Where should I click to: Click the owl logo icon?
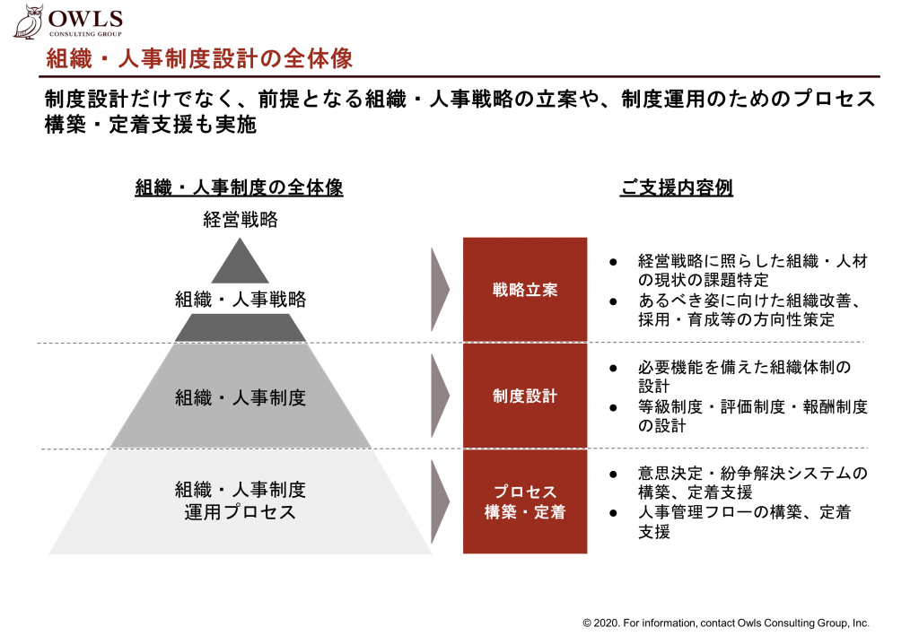tap(29, 22)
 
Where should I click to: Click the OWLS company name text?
tap(85, 19)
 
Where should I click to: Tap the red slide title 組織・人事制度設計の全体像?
tap(199, 58)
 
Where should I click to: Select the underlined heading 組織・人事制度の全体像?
tap(239, 187)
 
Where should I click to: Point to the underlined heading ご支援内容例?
tap(677, 187)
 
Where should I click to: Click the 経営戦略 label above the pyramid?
tap(241, 220)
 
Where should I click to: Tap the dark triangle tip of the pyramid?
tap(240, 261)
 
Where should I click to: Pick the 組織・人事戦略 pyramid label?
tap(241, 300)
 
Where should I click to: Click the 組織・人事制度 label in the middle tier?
tap(241, 397)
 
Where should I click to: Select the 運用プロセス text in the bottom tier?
tap(241, 512)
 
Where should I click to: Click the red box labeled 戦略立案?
tap(525, 290)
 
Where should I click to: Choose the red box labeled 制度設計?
tap(525, 396)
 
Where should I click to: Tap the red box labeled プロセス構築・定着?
tap(525, 501)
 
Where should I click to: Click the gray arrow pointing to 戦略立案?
tap(440, 290)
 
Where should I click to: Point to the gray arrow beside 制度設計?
tap(440, 396)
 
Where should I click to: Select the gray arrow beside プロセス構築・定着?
tap(440, 501)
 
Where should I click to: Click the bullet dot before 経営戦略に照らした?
tap(613, 262)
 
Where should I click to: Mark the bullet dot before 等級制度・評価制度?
tap(613, 407)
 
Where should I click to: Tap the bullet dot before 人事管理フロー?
tap(613, 513)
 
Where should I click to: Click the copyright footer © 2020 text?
tap(725, 623)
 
